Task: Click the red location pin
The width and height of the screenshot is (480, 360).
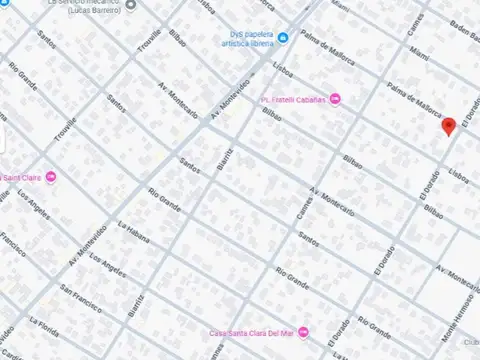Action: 449,124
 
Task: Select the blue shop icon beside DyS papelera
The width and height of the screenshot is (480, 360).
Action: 284,38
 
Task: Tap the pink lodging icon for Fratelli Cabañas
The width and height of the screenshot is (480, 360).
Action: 335,99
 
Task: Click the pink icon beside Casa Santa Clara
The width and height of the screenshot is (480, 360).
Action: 305,333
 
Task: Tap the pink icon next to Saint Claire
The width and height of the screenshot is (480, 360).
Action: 51,178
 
